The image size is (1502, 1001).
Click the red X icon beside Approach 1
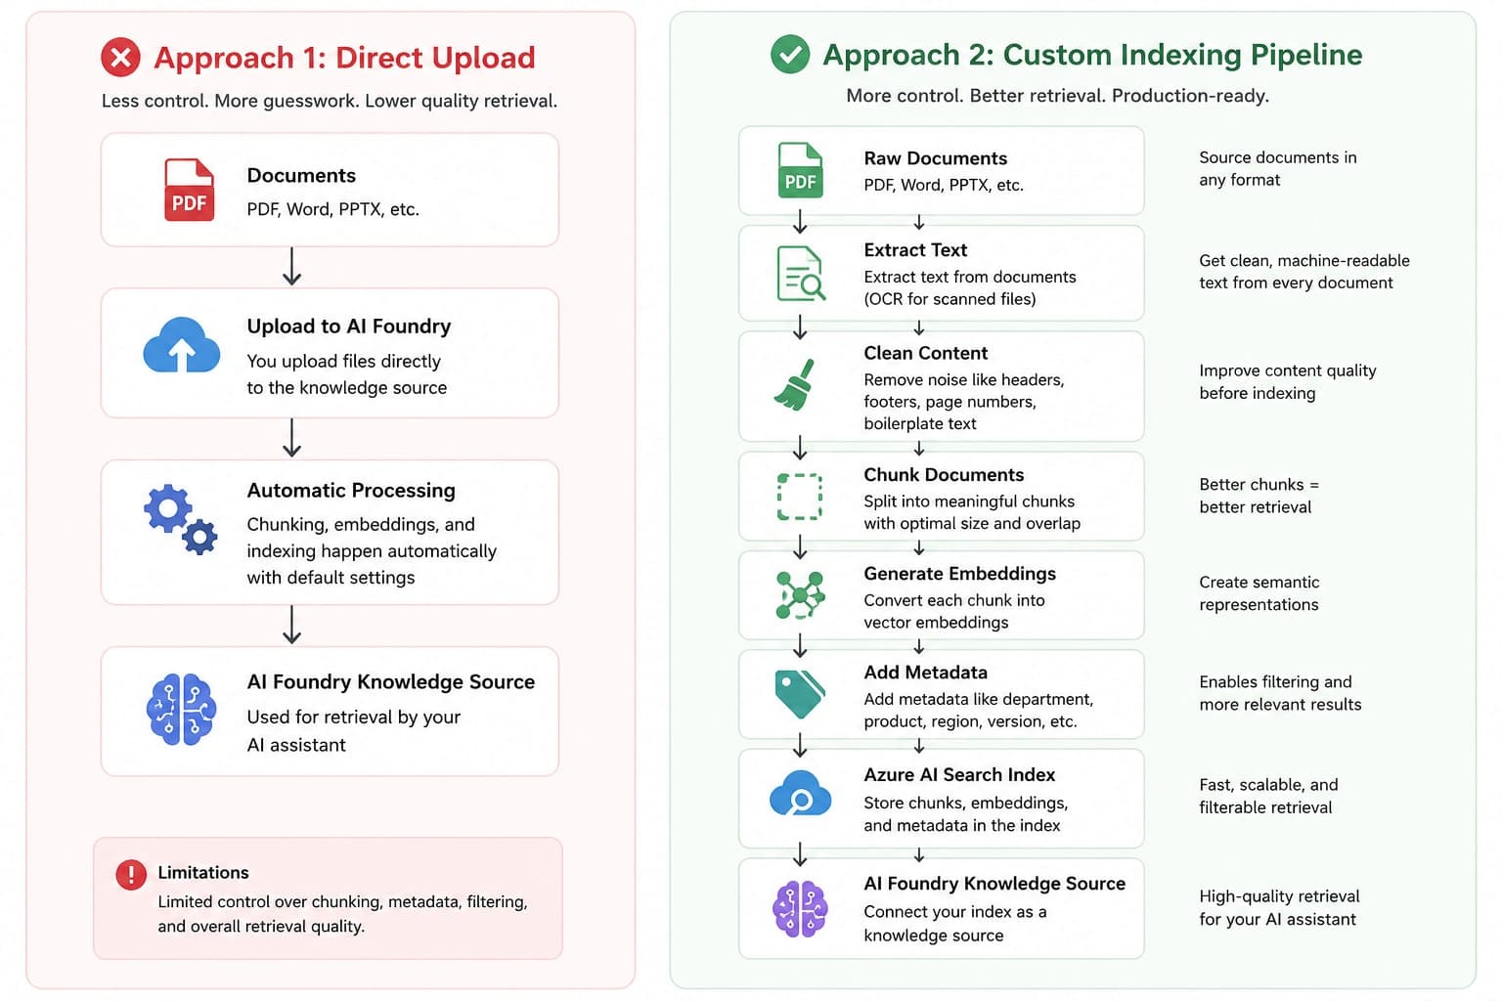(120, 57)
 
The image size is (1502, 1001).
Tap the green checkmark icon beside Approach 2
(790, 54)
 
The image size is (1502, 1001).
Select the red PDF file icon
(189, 190)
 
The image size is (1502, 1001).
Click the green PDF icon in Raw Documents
(800, 170)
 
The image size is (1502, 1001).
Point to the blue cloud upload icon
(182, 345)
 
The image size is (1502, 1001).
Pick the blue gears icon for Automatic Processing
(180, 519)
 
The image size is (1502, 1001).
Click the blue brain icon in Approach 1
(181, 710)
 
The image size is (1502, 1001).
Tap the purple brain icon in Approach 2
(800, 908)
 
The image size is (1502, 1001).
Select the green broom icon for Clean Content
(795, 384)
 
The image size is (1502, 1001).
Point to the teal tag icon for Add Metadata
(800, 694)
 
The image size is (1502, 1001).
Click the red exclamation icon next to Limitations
(131, 875)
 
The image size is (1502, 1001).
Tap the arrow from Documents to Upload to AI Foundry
(291, 267)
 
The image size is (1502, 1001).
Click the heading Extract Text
(915, 250)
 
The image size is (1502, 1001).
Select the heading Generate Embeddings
(959, 574)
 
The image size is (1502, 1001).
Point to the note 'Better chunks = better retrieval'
(1259, 496)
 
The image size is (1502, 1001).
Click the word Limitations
(203, 872)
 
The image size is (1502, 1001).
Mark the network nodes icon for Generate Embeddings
(800, 594)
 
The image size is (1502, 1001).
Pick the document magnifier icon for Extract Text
(801, 274)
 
